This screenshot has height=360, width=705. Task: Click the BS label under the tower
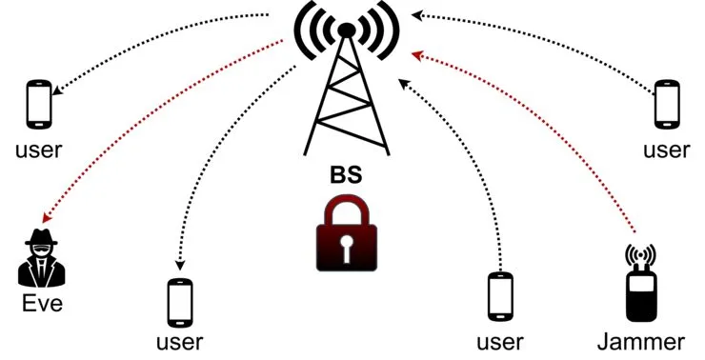tap(346, 177)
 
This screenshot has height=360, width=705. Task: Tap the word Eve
tap(41, 306)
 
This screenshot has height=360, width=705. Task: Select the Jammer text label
tap(640, 341)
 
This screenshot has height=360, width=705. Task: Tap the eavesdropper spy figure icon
tap(40, 258)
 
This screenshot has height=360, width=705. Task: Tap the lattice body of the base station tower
tap(346, 105)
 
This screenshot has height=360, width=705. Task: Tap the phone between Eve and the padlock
tap(180, 304)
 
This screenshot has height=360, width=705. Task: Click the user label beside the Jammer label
tap(500, 341)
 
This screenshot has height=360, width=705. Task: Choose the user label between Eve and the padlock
tap(180, 342)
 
